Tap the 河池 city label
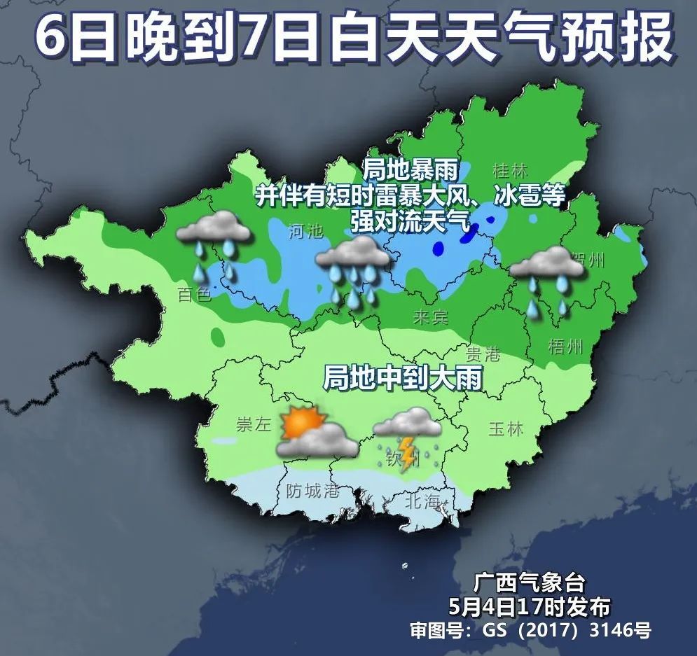coord(306,230)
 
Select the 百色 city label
coord(194,294)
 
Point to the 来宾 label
coord(430,317)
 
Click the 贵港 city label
coord(483,354)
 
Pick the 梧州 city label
coord(565,347)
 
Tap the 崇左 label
coord(253,425)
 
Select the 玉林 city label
coord(506,428)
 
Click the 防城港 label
coord(313,491)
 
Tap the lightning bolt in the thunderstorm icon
coord(406,451)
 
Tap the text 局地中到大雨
coord(402,378)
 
